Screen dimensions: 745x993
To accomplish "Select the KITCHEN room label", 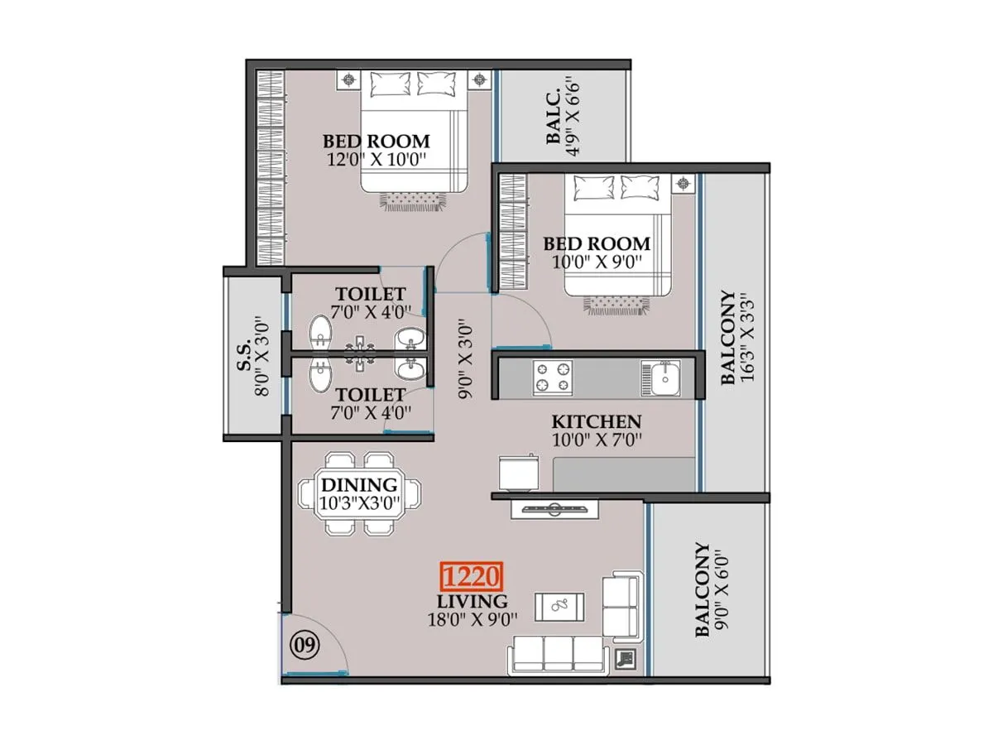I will pyautogui.click(x=596, y=421).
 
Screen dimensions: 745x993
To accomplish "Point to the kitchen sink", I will pyautogui.click(x=662, y=378).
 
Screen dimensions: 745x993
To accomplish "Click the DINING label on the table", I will pyautogui.click(x=359, y=485).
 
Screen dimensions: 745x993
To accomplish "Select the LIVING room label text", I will pyautogui.click(x=474, y=601).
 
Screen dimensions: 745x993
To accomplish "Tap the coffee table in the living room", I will pyautogui.click(x=560, y=606).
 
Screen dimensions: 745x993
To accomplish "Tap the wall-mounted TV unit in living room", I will pyautogui.click(x=553, y=508).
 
